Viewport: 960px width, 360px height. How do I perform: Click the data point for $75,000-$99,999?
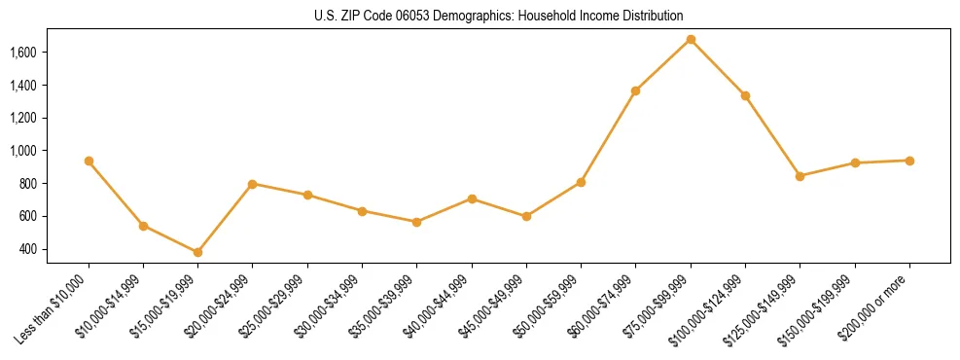[x=691, y=40]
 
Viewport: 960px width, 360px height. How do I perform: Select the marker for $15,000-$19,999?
[x=197, y=252]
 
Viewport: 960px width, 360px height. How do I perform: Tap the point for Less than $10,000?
[x=89, y=161]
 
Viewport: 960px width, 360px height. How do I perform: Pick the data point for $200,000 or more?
[x=909, y=161]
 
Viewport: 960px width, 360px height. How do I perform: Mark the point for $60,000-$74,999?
[x=635, y=90]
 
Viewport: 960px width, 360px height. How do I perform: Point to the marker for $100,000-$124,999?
[x=745, y=95]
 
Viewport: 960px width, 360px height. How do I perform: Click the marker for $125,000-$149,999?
[x=800, y=176]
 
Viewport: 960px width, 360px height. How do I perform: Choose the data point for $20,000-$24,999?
[x=253, y=184]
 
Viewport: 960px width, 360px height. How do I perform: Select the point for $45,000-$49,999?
[x=526, y=216]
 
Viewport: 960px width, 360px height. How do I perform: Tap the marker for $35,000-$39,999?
[x=416, y=222]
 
